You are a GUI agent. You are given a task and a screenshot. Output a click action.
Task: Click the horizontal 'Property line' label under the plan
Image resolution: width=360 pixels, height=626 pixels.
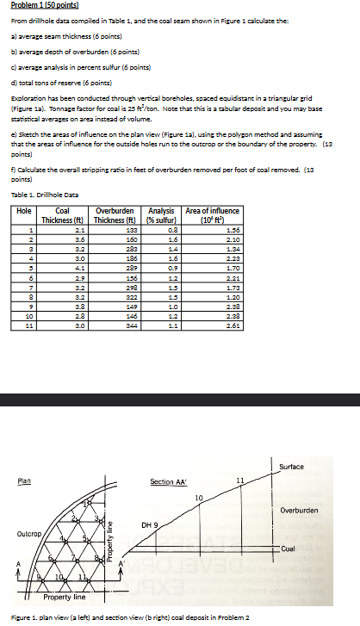pos(63,596)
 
